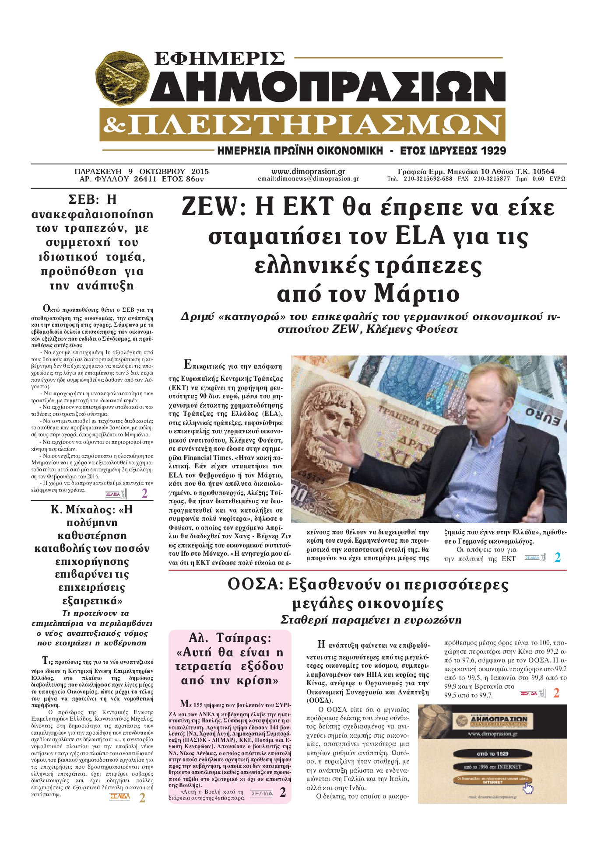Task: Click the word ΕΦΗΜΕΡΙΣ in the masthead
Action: (x=220, y=58)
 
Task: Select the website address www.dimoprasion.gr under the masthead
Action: (x=308, y=171)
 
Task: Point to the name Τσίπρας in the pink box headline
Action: (x=245, y=638)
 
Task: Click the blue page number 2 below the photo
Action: (x=557, y=558)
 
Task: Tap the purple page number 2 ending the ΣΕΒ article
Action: (x=144, y=494)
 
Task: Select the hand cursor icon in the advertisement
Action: (x=528, y=788)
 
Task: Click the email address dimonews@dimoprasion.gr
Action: (x=314, y=179)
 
